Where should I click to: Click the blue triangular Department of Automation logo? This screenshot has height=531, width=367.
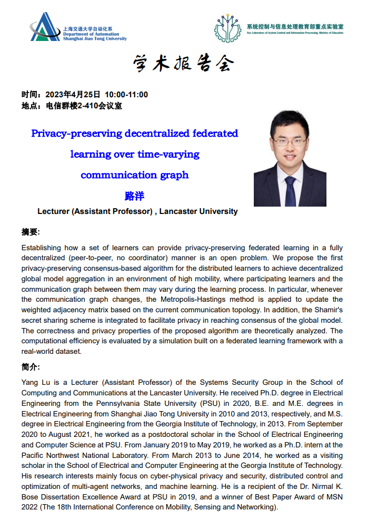click(45, 27)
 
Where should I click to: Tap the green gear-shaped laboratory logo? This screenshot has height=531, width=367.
click(227, 28)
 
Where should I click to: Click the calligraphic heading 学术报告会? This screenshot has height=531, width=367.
click(183, 64)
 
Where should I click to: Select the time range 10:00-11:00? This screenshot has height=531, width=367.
click(126, 95)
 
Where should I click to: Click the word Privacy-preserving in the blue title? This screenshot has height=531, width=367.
click(77, 134)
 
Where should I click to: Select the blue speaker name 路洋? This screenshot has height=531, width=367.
click(134, 196)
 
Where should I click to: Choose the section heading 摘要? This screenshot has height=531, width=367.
click(31, 232)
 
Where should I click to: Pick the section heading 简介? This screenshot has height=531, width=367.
click(31, 367)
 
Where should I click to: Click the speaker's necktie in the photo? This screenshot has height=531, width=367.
click(290, 192)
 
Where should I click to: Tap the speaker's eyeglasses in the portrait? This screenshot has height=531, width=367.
click(290, 141)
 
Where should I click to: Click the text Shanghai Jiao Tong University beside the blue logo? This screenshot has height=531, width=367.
click(95, 38)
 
